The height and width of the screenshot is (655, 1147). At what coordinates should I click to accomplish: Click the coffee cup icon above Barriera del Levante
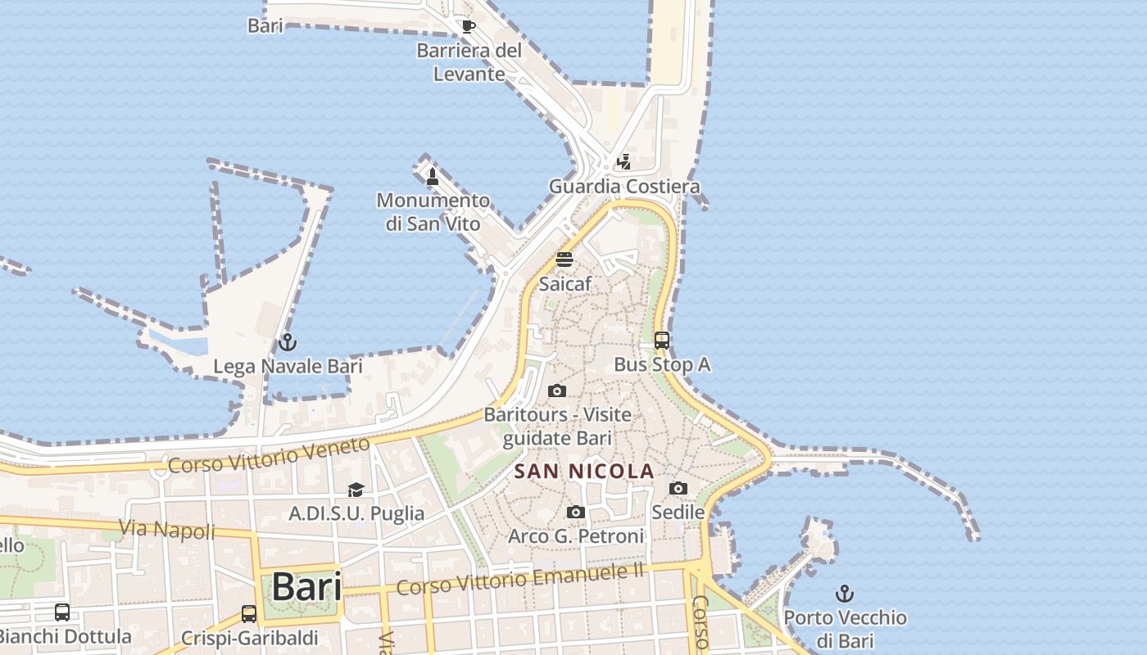(468, 26)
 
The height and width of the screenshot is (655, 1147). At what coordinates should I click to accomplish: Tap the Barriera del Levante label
(469, 62)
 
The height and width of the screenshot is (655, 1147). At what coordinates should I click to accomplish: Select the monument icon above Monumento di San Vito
(433, 176)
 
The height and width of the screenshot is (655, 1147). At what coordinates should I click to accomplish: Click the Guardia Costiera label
(624, 186)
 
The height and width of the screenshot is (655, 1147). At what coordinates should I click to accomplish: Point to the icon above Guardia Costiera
(624, 161)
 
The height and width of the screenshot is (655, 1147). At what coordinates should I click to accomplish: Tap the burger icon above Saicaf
(564, 260)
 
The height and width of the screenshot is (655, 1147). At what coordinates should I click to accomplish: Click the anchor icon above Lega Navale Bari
(287, 342)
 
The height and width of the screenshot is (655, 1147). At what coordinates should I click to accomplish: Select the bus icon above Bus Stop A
(662, 341)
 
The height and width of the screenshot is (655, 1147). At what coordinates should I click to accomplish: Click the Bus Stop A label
(662, 364)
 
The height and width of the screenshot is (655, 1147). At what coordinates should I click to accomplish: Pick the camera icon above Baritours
(557, 391)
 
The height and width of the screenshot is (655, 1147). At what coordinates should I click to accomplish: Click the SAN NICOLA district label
(584, 471)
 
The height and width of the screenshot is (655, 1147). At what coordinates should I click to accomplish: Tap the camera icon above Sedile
(678, 489)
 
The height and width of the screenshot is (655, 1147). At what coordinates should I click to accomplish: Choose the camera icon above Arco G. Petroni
(576, 513)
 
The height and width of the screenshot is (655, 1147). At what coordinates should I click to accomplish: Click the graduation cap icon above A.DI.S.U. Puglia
(356, 490)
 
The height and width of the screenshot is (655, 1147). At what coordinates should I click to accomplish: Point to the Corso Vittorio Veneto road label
(270, 455)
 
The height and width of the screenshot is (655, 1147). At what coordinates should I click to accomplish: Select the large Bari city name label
(306, 586)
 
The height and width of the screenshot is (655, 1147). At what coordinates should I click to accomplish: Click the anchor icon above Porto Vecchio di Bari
(845, 593)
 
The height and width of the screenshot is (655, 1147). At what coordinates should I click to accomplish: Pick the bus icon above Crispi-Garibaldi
(249, 613)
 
